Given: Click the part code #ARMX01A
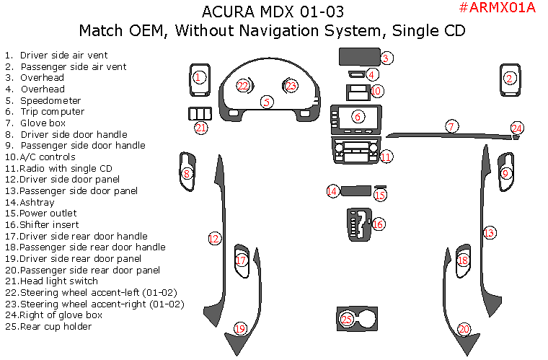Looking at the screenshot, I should pos(497,8).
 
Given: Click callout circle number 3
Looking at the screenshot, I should pos(386,58).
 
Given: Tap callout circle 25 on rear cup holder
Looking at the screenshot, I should pos(347,318).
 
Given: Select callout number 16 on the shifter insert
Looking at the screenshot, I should pos(378,224).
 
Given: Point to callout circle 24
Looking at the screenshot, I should pos(516,128).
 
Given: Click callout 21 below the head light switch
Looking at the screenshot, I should pos(201,128).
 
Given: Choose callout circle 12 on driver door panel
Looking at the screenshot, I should pos(214,238).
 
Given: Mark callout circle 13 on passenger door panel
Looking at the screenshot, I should pos(490,232).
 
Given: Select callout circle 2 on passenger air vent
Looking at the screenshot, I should pos(510,78).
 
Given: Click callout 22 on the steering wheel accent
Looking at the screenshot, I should pos(243,86).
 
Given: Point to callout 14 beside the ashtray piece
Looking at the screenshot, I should pos(332,191).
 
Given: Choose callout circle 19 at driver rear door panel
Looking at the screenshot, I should pos(240,329).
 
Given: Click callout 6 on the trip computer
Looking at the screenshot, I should pos(358,116).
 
